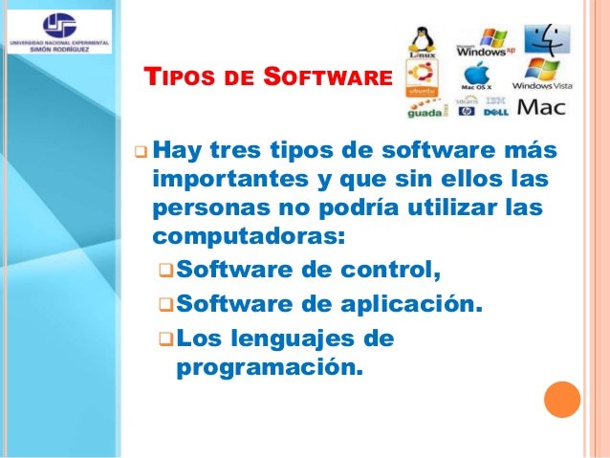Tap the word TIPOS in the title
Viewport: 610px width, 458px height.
pos(180,76)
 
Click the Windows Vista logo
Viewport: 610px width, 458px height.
pos(542,74)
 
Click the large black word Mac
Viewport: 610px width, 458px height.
pos(540,106)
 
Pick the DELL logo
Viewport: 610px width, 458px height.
pos(495,112)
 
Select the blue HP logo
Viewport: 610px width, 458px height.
pos(467,112)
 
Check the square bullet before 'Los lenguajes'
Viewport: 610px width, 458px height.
pos(164,338)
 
